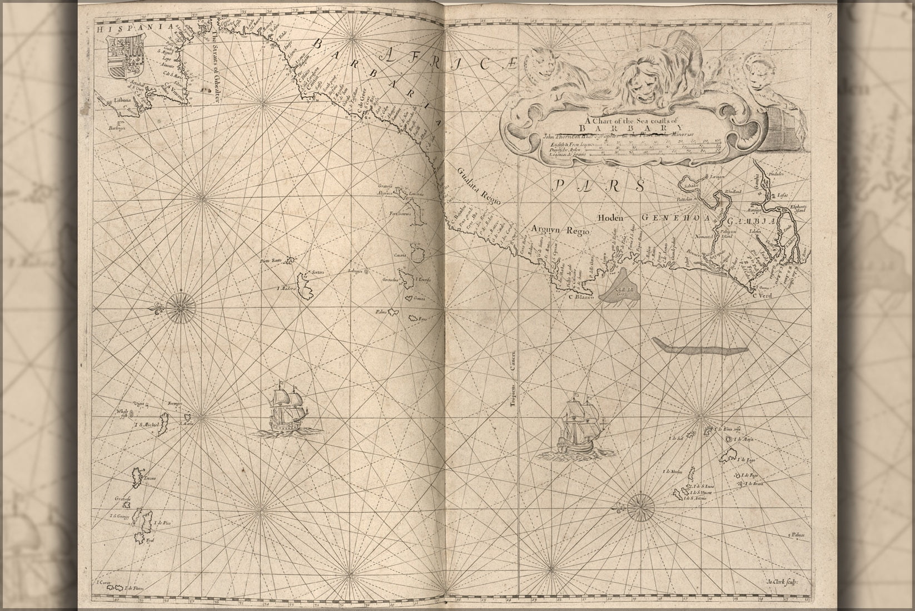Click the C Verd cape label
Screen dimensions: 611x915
(762, 295)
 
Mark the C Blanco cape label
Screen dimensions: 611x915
(581, 297)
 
